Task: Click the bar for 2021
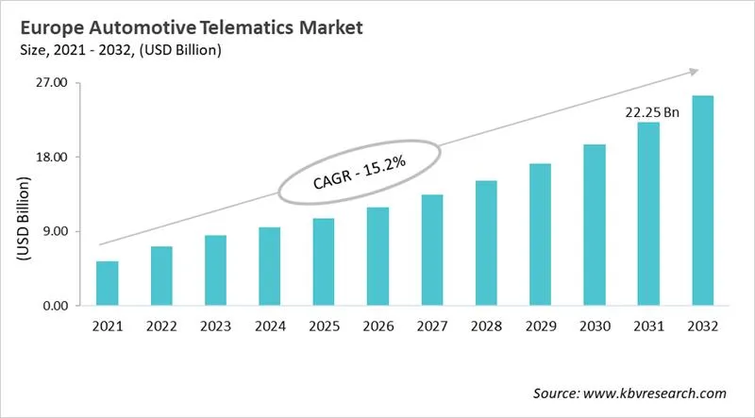pos(108,283)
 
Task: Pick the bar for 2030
pos(595,225)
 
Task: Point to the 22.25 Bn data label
pos(652,111)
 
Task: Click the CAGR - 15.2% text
pos(359,173)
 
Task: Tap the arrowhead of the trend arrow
pos(695,71)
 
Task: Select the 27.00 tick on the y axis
pos(51,83)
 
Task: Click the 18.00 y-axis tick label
pos(51,157)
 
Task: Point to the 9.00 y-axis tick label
pos(55,231)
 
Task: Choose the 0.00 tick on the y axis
pos(55,306)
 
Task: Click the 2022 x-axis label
pos(161,326)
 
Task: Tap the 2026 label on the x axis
pos(377,326)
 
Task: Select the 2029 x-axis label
pos(540,326)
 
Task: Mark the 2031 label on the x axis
pos(648,326)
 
